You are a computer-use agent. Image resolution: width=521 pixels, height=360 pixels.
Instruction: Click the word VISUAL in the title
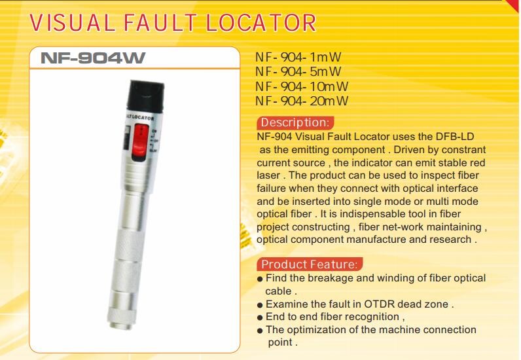73,23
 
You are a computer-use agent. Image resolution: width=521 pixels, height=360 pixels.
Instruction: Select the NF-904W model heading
93,58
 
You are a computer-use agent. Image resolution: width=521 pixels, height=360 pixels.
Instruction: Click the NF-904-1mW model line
298,57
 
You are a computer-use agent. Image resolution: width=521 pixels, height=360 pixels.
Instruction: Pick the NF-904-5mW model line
298,72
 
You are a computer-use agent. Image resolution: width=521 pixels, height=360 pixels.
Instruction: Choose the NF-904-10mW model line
302,86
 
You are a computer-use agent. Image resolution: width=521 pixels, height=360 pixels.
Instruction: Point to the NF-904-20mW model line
302,101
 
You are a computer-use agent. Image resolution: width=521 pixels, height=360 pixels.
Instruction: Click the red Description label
295,122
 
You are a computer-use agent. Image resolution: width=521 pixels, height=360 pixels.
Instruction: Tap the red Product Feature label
310,264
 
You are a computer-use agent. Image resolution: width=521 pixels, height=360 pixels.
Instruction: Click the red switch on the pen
141,141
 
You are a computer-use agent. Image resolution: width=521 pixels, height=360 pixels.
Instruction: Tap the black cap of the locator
145,96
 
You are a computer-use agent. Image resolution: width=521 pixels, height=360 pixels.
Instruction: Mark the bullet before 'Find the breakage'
260,279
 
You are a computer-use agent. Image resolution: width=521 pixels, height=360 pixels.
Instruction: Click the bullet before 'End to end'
260,318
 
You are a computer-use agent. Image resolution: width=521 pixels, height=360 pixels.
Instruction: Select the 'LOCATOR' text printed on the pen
142,117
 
